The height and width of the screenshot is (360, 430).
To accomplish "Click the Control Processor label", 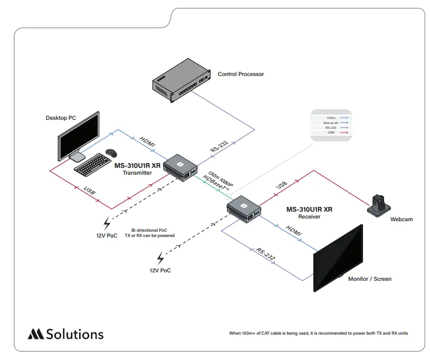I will (241, 74).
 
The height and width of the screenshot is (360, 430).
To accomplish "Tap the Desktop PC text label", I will (61, 118).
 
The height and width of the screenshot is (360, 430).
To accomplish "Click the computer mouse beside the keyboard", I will (111, 153).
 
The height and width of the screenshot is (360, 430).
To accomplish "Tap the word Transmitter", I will (137, 173).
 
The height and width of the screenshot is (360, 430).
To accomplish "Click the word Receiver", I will (309, 216).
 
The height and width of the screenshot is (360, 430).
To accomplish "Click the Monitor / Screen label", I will (369, 279).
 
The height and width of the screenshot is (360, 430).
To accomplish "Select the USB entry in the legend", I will (331, 132).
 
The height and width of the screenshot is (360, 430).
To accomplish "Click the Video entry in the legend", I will (331, 117).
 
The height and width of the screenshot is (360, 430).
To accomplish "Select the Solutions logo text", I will (74, 334).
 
